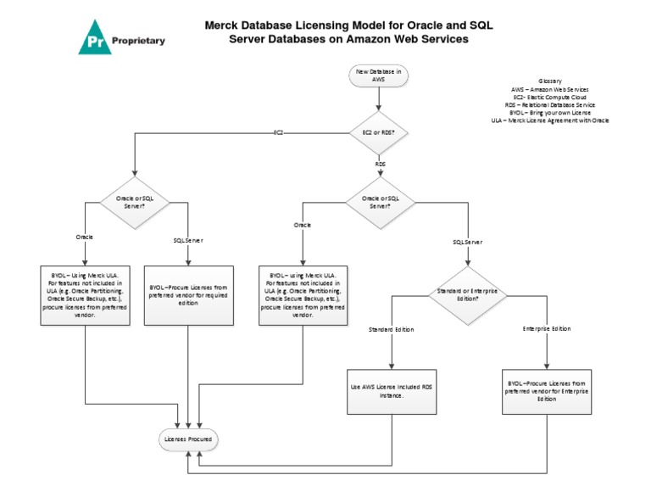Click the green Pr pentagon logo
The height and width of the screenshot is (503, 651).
coord(95,39)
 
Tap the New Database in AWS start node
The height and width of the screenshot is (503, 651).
coord(378,75)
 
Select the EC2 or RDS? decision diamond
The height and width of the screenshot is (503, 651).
coord(379,132)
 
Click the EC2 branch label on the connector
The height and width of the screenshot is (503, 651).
coord(278,133)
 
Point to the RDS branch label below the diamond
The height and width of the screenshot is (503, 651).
coord(380,163)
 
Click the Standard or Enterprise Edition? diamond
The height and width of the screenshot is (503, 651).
coord(466,294)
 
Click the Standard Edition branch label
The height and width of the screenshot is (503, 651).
coord(391,328)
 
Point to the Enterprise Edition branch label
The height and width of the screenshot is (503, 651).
coord(546,328)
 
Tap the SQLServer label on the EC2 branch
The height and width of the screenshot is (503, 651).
coord(188,240)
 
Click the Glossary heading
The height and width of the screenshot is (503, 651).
coord(549,81)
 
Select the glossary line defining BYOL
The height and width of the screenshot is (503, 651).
coord(549,112)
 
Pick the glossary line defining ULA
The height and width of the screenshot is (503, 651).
coord(549,120)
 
